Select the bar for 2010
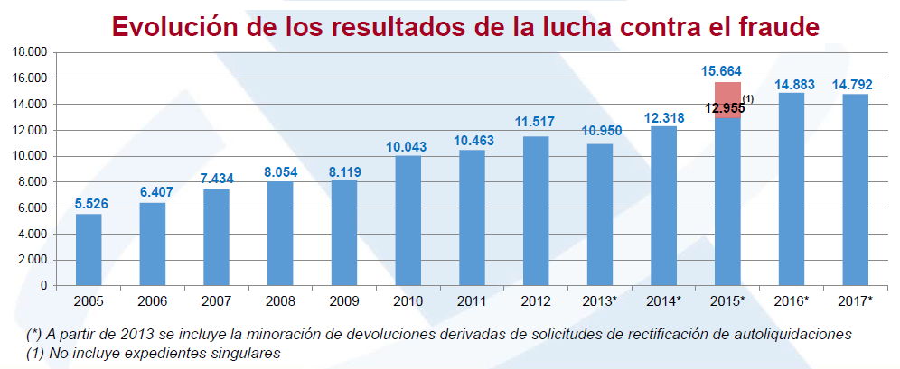click(x=408, y=220)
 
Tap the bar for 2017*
click(x=855, y=189)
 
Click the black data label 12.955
click(x=724, y=108)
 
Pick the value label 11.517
click(x=536, y=122)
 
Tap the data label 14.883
click(x=792, y=84)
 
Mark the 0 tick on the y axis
click(x=42, y=285)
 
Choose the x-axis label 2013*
click(x=600, y=300)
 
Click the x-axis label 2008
click(x=280, y=300)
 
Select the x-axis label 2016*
click(x=792, y=300)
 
